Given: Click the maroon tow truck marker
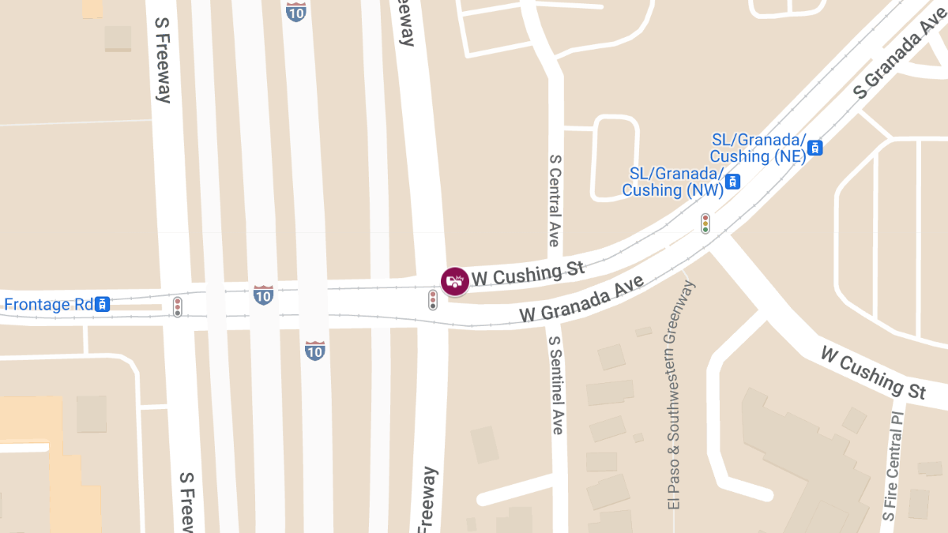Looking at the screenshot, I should [x=454, y=281].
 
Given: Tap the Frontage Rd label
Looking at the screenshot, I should [x=48, y=304].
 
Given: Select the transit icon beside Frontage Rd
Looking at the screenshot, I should [x=102, y=304].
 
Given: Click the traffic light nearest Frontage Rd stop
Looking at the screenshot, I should [x=178, y=307].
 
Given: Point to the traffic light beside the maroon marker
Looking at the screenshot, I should [x=433, y=299].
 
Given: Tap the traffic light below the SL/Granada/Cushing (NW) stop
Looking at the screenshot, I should [x=705, y=223].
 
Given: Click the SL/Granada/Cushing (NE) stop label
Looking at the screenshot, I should [x=758, y=148].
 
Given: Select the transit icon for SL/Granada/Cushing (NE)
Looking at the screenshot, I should [x=815, y=148].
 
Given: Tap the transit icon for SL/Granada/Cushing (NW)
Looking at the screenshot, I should [x=734, y=182].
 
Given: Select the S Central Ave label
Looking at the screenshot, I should [x=555, y=201].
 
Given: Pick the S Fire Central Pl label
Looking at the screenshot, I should [x=893, y=466].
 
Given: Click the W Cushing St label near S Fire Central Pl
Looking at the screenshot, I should [x=873, y=372].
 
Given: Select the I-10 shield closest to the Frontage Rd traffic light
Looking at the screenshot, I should [x=264, y=295].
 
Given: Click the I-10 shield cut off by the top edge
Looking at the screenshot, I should [x=296, y=11].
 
